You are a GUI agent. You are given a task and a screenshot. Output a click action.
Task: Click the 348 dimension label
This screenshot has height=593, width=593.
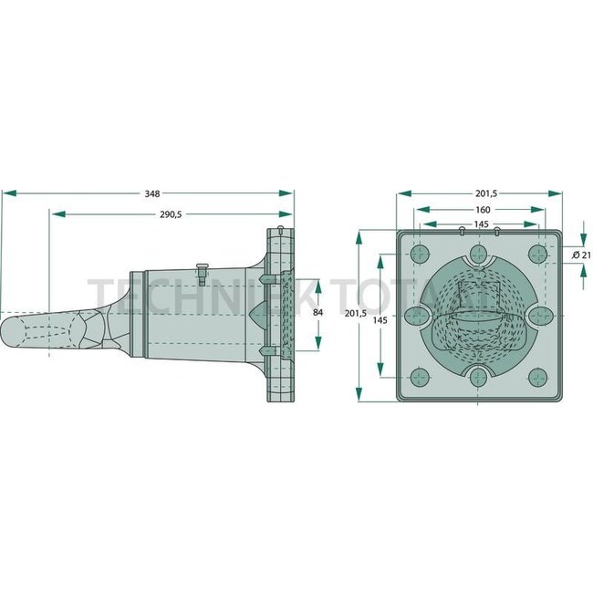point(152,193)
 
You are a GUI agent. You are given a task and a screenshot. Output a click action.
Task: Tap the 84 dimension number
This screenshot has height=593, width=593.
point(318,313)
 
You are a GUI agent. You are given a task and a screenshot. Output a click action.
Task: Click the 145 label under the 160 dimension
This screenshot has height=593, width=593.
point(480,224)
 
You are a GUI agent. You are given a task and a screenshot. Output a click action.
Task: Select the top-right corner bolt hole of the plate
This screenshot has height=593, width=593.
point(538,254)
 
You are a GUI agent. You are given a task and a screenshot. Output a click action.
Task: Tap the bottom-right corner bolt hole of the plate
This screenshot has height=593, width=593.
point(538,375)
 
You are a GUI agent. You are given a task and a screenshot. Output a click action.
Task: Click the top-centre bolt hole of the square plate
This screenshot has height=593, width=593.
point(478,254)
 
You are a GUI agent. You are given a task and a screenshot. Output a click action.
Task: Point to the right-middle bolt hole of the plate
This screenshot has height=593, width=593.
point(539,315)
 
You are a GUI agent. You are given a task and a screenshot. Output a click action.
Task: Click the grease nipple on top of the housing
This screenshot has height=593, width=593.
point(202,270)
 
